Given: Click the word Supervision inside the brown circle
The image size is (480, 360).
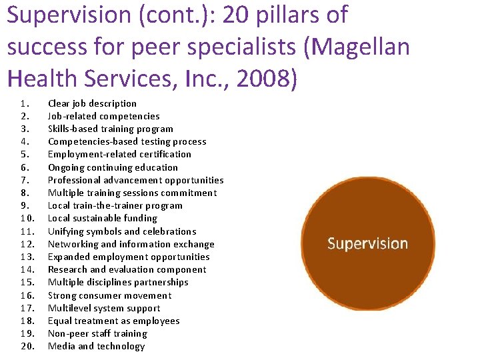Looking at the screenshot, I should (x=367, y=243).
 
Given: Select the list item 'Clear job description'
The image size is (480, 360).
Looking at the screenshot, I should (x=92, y=103).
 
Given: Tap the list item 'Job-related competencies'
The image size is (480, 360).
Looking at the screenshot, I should (x=103, y=116).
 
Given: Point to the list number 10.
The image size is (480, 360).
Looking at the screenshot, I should (x=27, y=218).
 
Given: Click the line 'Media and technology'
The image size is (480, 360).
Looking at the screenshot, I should (x=96, y=346).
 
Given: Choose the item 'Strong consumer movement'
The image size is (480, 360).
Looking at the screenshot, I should (x=109, y=295).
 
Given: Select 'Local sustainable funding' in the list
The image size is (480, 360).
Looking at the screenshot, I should (x=102, y=218).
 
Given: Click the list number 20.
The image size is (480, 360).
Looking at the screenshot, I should (x=27, y=346).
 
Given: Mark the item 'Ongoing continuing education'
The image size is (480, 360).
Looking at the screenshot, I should (x=113, y=167).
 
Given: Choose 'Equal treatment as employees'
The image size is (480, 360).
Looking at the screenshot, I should (x=113, y=321).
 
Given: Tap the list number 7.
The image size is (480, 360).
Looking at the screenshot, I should (x=25, y=180).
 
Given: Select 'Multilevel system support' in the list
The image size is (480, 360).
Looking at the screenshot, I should (x=104, y=308).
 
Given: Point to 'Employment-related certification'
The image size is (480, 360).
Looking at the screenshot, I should (x=119, y=154).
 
